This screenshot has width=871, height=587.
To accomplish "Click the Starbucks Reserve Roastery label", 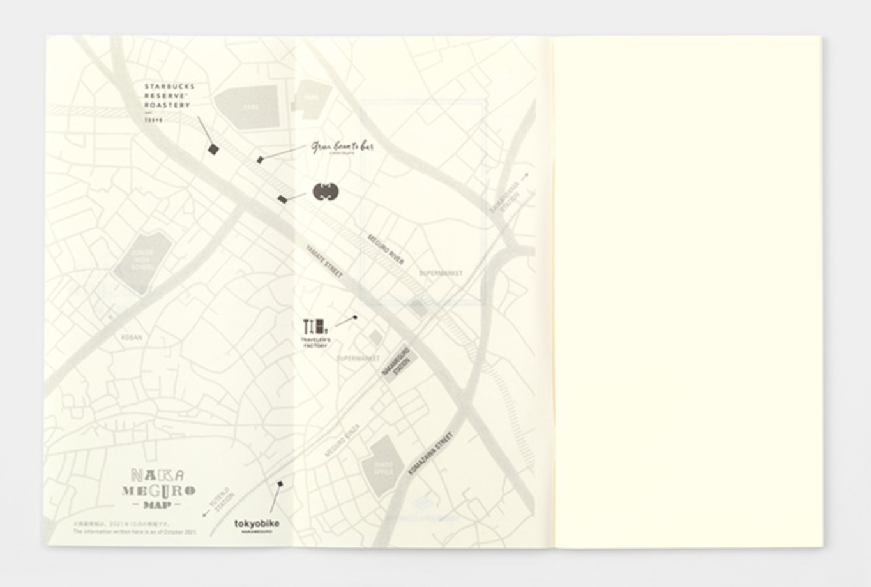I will pyautogui.click(x=169, y=96).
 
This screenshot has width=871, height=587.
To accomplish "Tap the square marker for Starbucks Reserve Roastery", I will pyautogui.click(x=213, y=149).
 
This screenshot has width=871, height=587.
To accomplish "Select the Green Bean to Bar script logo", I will pyautogui.click(x=342, y=147).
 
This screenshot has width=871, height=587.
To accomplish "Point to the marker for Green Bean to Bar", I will pyautogui.click(x=260, y=160).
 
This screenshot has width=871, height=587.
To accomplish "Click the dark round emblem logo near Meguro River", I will pyautogui.click(x=326, y=191).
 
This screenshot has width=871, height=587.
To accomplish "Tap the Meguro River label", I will pyautogui.click(x=385, y=249).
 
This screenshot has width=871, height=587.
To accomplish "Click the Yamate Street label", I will pyautogui.click(x=324, y=262).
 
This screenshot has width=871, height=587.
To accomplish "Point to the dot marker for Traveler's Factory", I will pyautogui.click(x=356, y=317).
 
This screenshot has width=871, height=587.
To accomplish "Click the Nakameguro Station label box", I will pyautogui.click(x=399, y=363).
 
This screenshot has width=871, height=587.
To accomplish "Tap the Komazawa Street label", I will pyautogui.click(x=430, y=453).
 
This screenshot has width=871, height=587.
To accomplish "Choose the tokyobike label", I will pyautogui.click(x=257, y=524).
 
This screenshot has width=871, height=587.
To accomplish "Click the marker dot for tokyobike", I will pyautogui.click(x=280, y=484).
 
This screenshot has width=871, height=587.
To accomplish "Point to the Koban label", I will pyautogui.click(x=132, y=337).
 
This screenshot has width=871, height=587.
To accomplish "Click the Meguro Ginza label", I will pyautogui.click(x=343, y=441).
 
